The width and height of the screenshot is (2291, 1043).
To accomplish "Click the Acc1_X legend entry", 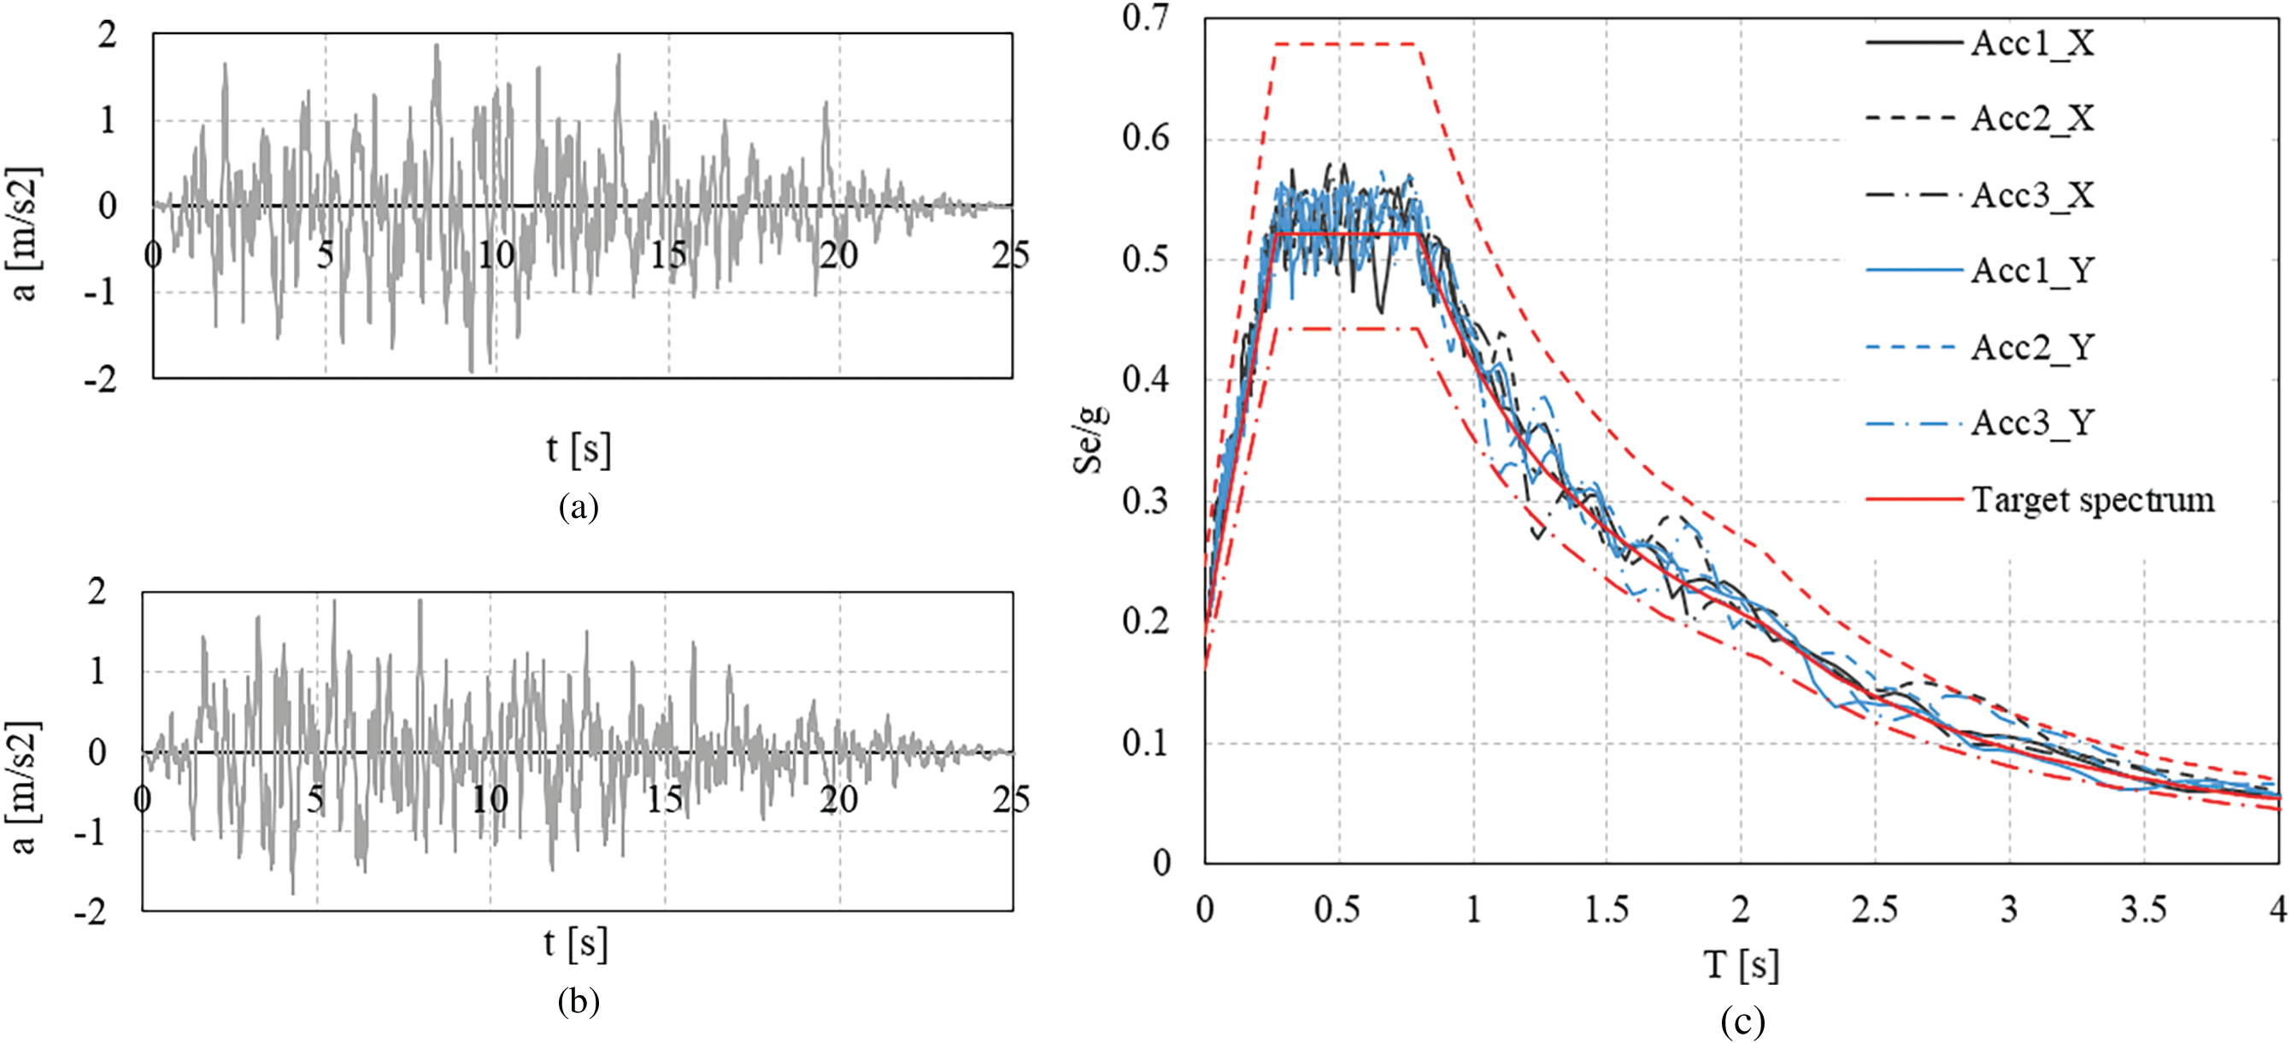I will tap(2032, 43).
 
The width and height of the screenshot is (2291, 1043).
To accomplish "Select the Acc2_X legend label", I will tap(2032, 118).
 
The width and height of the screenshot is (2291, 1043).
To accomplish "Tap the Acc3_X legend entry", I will tap(2032, 195).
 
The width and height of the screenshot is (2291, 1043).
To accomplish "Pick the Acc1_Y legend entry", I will tap(2032, 270).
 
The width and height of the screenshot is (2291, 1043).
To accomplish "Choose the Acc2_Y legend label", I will tap(2032, 347).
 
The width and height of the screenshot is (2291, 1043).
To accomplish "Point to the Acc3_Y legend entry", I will tap(2032, 422).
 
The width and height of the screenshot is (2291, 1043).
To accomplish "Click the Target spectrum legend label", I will tap(2093, 500).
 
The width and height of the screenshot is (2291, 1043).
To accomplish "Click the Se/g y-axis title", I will tap(1090, 439).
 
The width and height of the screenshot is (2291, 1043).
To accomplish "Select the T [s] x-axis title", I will tap(1742, 964).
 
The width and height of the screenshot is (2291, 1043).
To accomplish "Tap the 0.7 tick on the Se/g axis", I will tap(1147, 18).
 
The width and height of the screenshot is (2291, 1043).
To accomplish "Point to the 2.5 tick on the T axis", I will tap(1874, 910).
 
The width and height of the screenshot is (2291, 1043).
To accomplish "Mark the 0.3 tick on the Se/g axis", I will tap(1147, 501).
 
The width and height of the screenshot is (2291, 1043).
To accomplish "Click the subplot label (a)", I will tap(578, 507).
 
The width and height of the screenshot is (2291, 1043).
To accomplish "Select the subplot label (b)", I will tap(578, 1002).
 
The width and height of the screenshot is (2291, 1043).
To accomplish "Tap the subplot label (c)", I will tap(1742, 1022).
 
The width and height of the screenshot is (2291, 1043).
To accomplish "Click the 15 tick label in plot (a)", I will tap(668, 256).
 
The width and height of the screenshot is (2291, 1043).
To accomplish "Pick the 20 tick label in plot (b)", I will tap(838, 800).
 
